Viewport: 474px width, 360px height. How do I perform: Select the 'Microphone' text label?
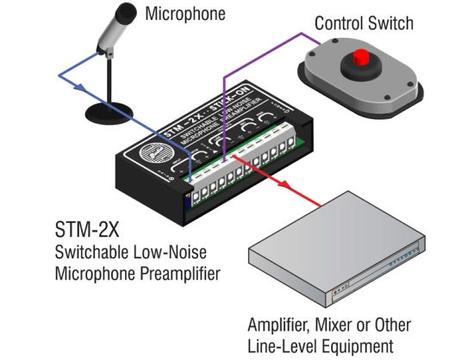click(x=184, y=14)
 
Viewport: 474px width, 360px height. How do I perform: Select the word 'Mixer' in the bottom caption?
click(x=340, y=326)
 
